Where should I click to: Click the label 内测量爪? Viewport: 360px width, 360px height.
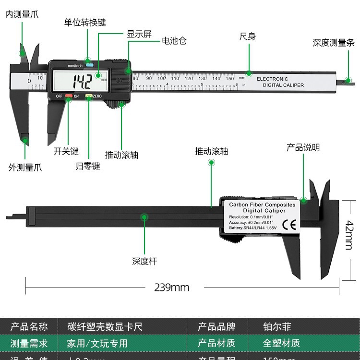tap(22, 14)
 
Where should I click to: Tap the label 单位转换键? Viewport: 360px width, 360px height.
tap(85, 23)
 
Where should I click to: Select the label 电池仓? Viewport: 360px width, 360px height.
tap(174, 41)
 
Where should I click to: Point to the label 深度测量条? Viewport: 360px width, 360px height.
tap(334, 43)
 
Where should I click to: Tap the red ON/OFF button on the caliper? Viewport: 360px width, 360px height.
tap(69, 96)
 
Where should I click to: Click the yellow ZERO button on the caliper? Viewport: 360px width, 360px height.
tap(89, 96)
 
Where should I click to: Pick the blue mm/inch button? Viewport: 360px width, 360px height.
tap(89, 65)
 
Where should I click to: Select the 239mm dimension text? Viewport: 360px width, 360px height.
tap(172, 288)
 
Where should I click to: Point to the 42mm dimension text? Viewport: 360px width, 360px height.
tap(348, 235)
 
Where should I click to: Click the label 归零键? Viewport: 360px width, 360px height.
tap(88, 167)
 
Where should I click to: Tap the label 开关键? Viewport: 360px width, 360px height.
tap(66, 151)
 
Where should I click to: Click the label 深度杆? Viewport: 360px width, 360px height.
tap(144, 262)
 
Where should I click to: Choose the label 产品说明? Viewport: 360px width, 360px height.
tap(303, 147)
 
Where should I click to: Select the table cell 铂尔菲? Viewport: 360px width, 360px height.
tap(277, 327)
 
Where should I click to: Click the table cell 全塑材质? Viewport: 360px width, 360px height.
tap(281, 343)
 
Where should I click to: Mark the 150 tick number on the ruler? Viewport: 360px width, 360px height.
tap(229, 78)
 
